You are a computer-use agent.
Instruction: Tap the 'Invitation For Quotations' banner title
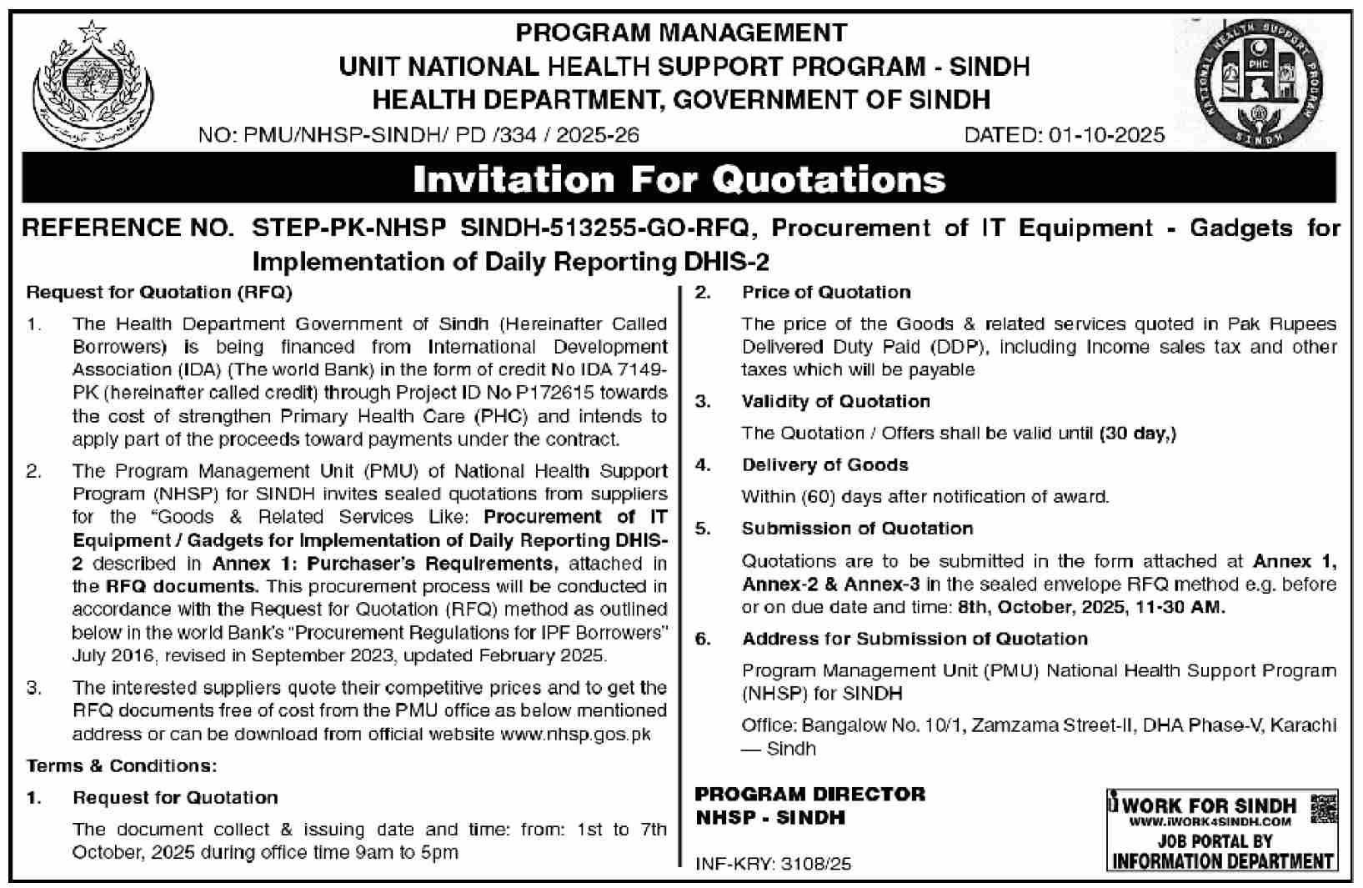pyautogui.click(x=679, y=179)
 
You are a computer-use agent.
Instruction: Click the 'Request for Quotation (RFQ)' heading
pyautogui.click(x=159, y=292)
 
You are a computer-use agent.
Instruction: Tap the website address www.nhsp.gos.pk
pyautogui.click(x=575, y=735)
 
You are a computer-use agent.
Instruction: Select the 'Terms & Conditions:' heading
pyautogui.click(x=122, y=765)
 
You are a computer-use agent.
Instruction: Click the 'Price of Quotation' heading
pyautogui.click(x=826, y=292)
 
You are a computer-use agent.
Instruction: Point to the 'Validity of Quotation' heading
pyautogui.click(x=835, y=401)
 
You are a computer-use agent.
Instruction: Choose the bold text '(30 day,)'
pyautogui.click(x=1137, y=433)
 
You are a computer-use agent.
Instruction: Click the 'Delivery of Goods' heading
pyautogui.click(x=824, y=464)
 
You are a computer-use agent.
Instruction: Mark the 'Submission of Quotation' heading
pyautogui.click(x=857, y=529)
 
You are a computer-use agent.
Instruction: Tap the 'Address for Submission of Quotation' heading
pyautogui.click(x=915, y=639)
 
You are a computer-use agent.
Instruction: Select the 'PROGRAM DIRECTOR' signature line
pyautogui.click(x=810, y=794)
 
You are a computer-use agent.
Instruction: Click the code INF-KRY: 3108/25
pyautogui.click(x=774, y=864)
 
